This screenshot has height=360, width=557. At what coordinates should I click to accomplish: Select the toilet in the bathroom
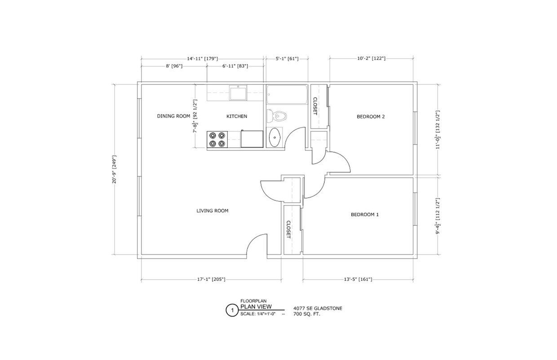(x=276, y=116)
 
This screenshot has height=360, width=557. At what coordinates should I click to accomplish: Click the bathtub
(x=287, y=95)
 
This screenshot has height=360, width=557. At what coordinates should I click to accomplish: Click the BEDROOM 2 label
(x=371, y=117)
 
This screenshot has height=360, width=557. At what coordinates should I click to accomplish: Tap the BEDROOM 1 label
(x=364, y=215)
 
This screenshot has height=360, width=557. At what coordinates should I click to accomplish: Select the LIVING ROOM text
(x=212, y=211)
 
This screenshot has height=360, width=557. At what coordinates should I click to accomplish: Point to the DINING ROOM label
(x=173, y=116)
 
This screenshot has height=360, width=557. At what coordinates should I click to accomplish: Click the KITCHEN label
(x=236, y=116)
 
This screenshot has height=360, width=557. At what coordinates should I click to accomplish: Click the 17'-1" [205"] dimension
(x=211, y=279)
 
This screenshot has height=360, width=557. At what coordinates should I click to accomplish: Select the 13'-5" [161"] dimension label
(x=358, y=279)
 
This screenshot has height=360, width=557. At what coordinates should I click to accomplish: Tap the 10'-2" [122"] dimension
(x=371, y=58)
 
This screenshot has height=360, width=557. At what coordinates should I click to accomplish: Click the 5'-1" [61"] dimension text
(x=286, y=58)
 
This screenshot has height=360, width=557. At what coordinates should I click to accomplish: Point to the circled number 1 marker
(x=232, y=310)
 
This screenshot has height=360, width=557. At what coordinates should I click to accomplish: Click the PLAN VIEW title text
(x=256, y=307)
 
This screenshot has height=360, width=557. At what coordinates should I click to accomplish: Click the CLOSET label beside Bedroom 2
(x=315, y=106)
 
